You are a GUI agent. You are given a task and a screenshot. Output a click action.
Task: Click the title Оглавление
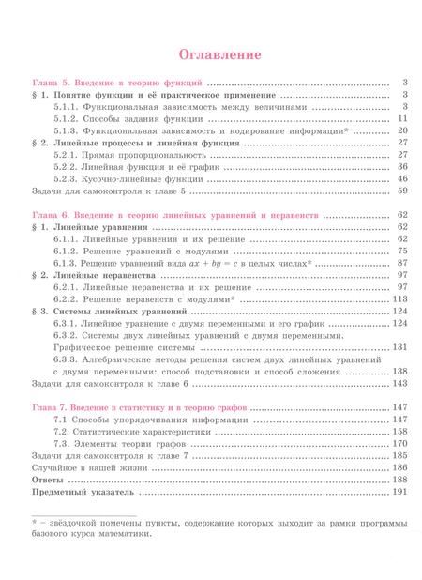(x=210, y=55)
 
